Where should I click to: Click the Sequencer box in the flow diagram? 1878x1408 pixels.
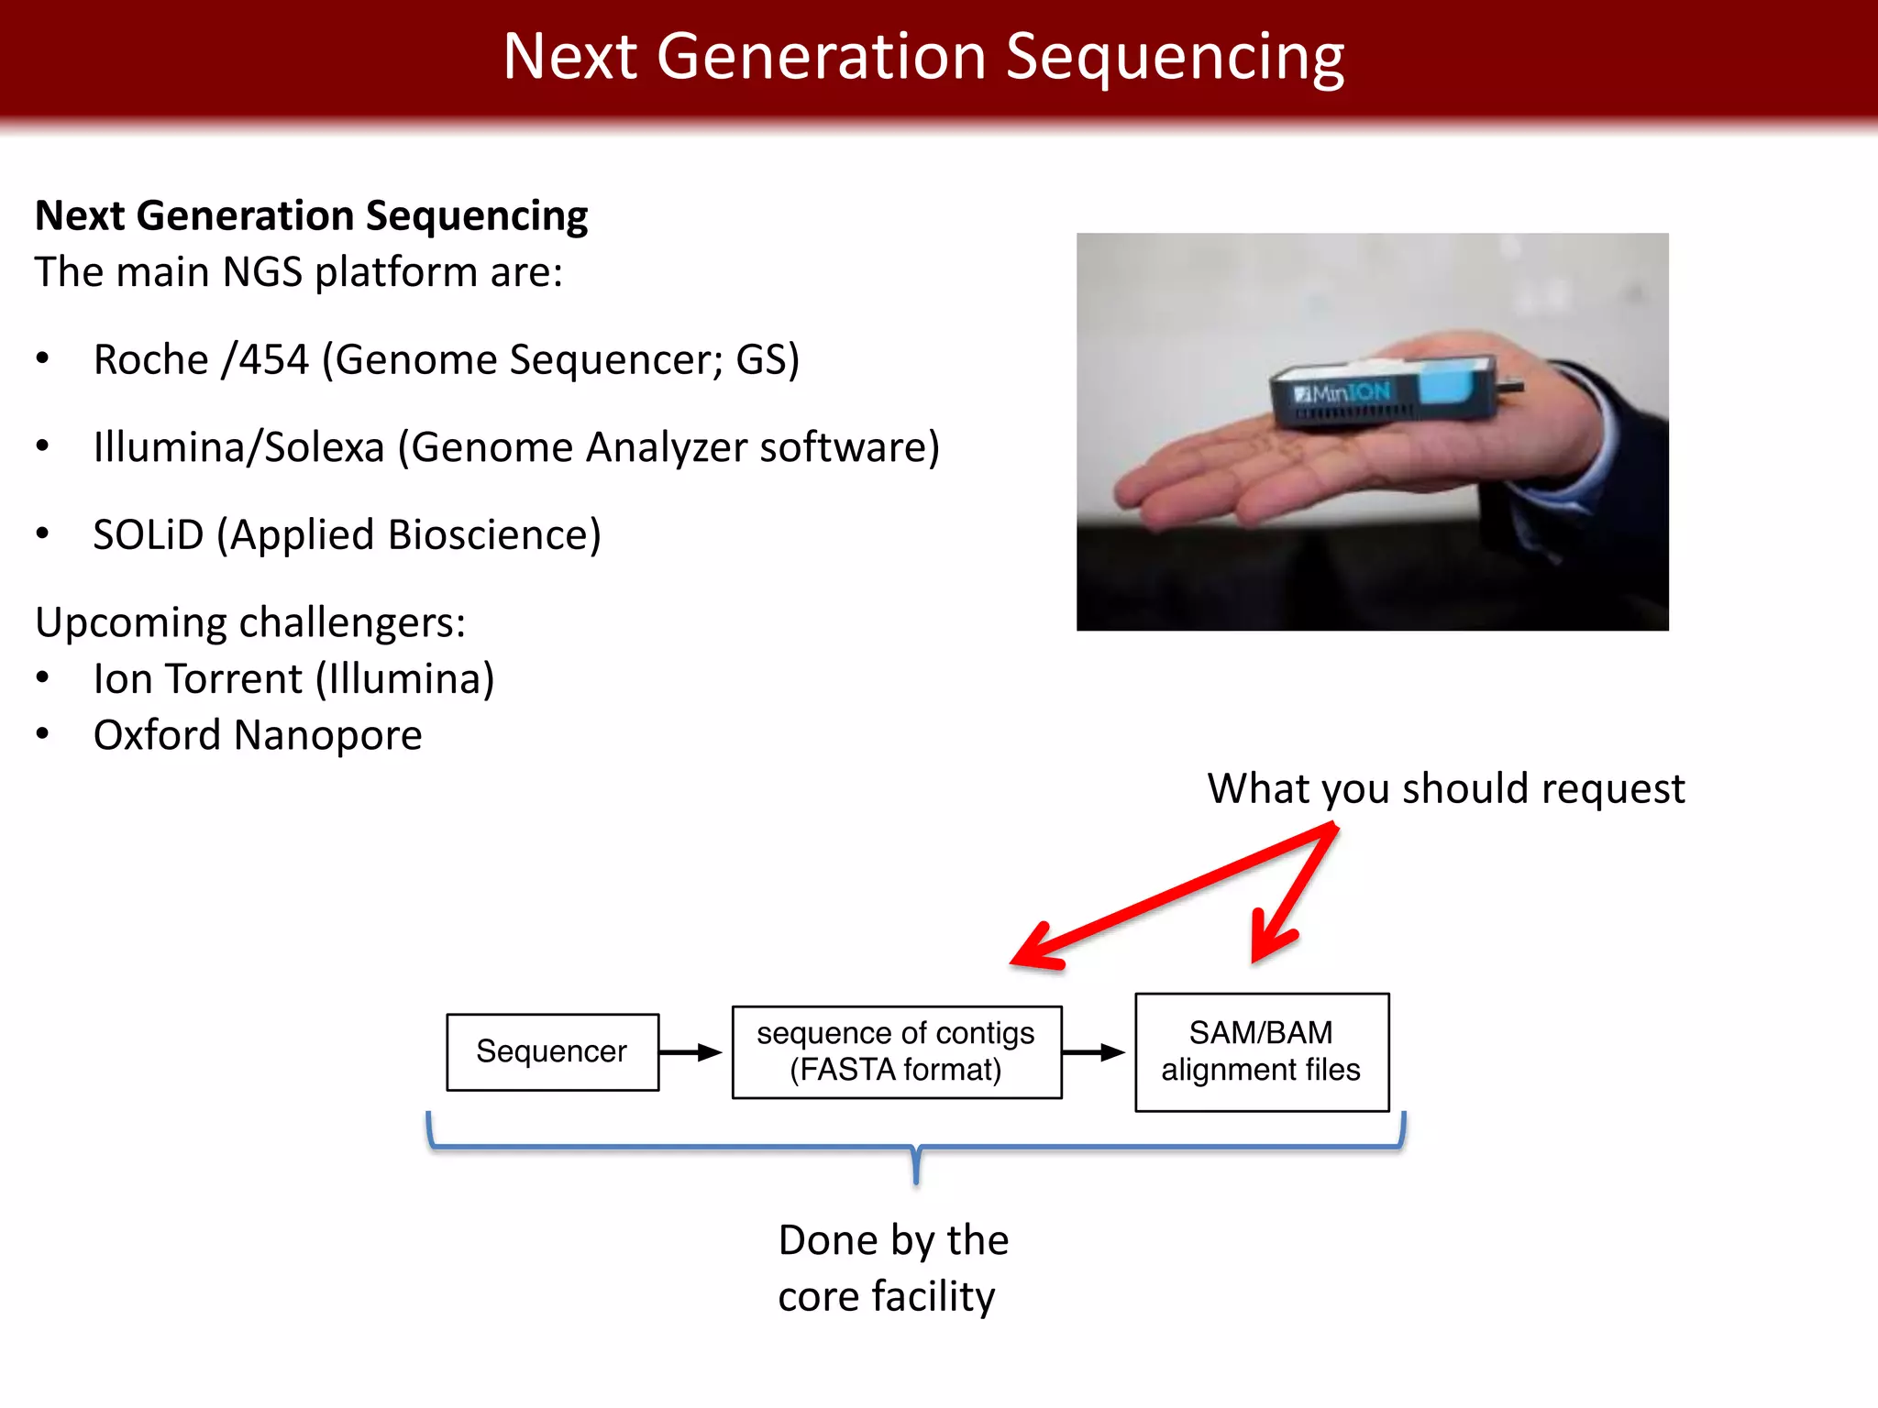[552, 1051]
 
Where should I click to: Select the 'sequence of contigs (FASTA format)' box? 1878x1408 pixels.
[896, 1051]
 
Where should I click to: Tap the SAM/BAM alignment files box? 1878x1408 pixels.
[1261, 1051]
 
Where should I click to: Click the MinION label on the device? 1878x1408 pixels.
[1343, 393]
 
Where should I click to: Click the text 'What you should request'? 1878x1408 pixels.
[1445, 789]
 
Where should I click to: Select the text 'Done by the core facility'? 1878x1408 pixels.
[892, 1268]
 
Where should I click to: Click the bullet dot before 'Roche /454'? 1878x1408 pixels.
[42, 359]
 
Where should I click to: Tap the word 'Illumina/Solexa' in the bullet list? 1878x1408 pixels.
[238, 447]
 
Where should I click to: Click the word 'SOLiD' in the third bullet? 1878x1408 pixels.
[148, 535]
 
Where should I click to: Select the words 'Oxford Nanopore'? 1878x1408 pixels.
[258, 735]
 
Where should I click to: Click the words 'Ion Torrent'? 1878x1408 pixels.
[197, 679]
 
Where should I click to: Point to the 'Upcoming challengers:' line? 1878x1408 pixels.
[250, 622]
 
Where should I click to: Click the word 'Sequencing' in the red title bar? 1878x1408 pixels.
[1175, 57]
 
